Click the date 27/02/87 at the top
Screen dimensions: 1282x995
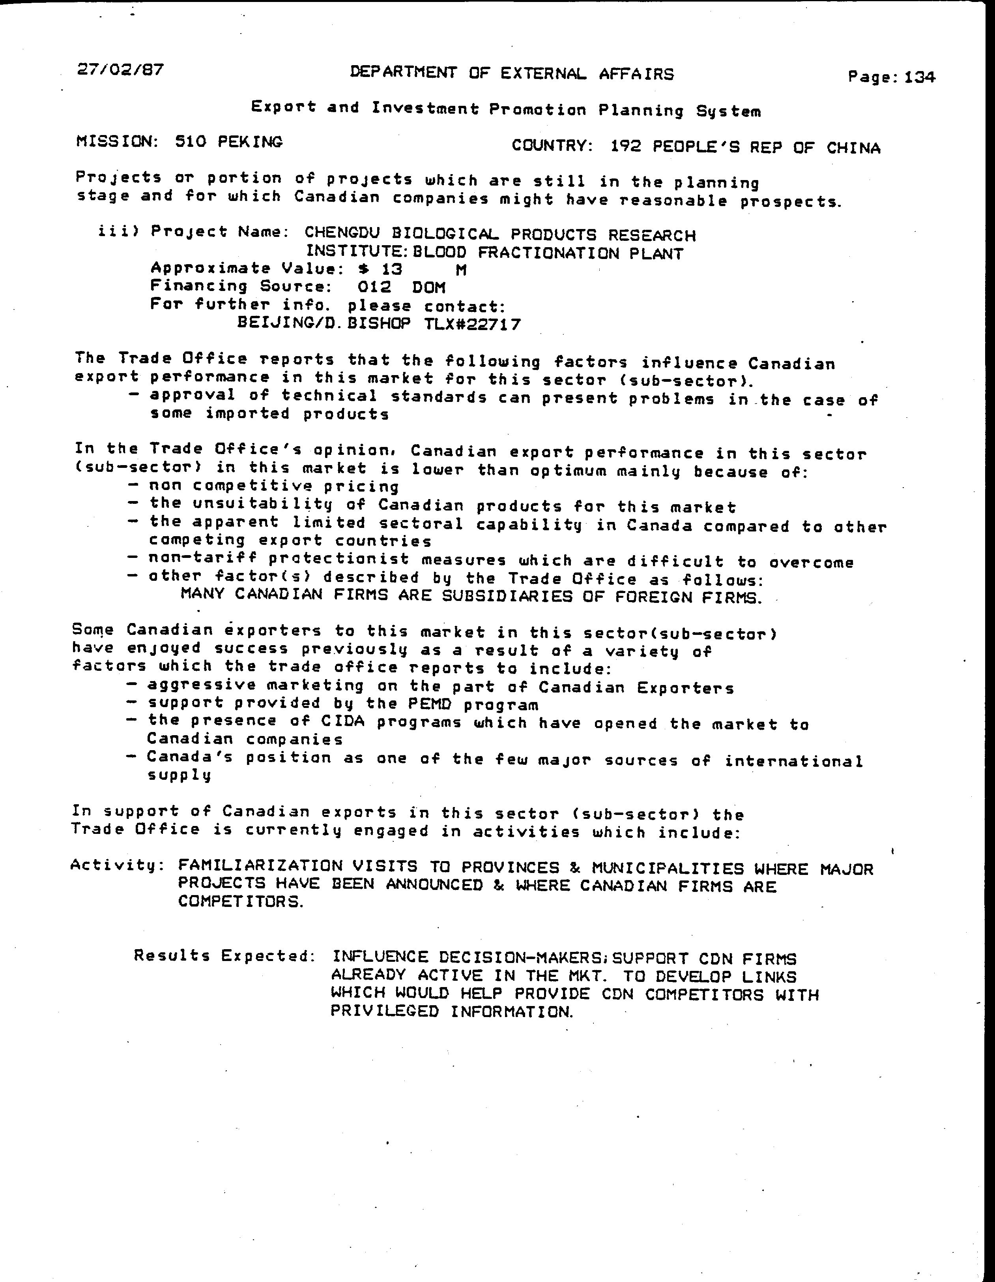[120, 70]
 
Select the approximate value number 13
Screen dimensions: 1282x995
[392, 269]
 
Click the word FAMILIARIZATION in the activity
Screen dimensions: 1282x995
[260, 866]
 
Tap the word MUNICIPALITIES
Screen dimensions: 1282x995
[667, 868]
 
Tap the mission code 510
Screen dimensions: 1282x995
[191, 141]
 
